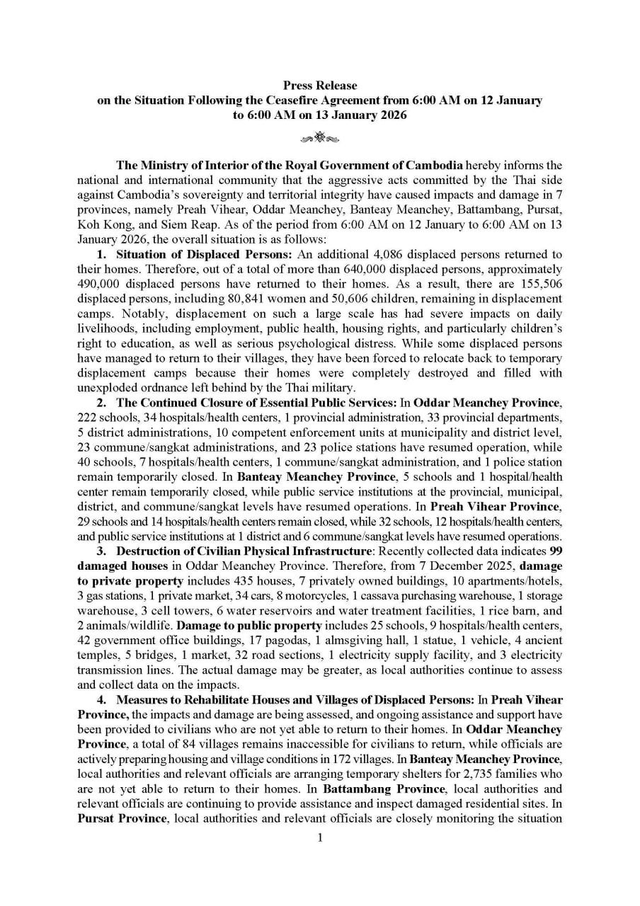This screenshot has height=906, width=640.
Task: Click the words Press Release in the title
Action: pos(320,86)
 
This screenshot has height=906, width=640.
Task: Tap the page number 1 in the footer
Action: pos(320,838)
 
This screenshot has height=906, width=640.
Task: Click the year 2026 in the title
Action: pos(387,114)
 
